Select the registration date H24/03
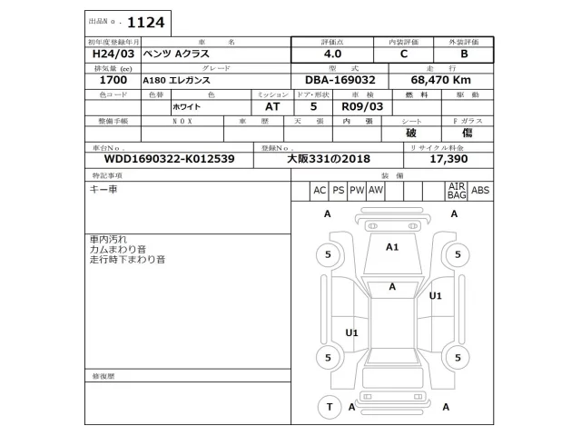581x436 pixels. coord(109,54)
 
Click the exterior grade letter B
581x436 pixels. coord(463,54)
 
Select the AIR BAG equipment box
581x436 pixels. coord(456,190)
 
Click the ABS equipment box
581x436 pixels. coord(480,190)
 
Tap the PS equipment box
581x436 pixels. coord(338,190)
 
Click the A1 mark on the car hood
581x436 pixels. coord(393,246)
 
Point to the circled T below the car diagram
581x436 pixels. coord(330,407)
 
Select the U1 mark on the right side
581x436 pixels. coord(436,295)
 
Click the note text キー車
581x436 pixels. coord(102,189)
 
